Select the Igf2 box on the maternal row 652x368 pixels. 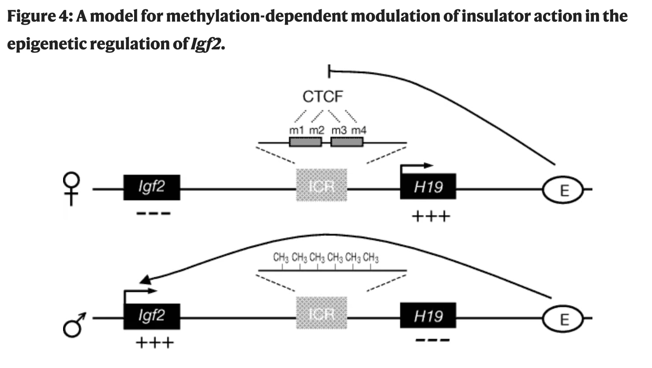click(151, 187)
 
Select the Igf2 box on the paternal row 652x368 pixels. click(151, 316)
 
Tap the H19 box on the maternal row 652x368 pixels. click(428, 187)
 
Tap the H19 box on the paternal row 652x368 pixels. click(428, 315)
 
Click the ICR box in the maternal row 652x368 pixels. click(322, 185)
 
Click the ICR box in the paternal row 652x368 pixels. click(322, 313)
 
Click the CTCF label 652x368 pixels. click(322, 97)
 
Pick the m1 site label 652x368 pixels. click(296, 130)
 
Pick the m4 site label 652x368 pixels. click(359, 130)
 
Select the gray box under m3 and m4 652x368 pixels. click(347, 142)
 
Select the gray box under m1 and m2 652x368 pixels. click(305, 142)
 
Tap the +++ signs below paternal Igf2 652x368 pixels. click(154, 343)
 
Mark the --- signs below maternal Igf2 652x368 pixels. click(153, 214)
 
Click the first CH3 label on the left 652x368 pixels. click(281, 257)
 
